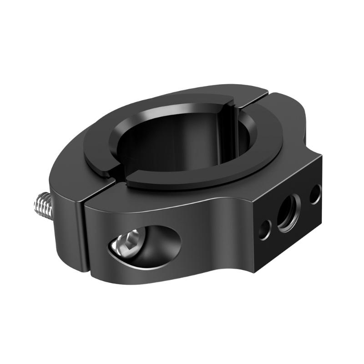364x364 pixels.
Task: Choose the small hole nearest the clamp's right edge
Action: (x=315, y=194)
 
